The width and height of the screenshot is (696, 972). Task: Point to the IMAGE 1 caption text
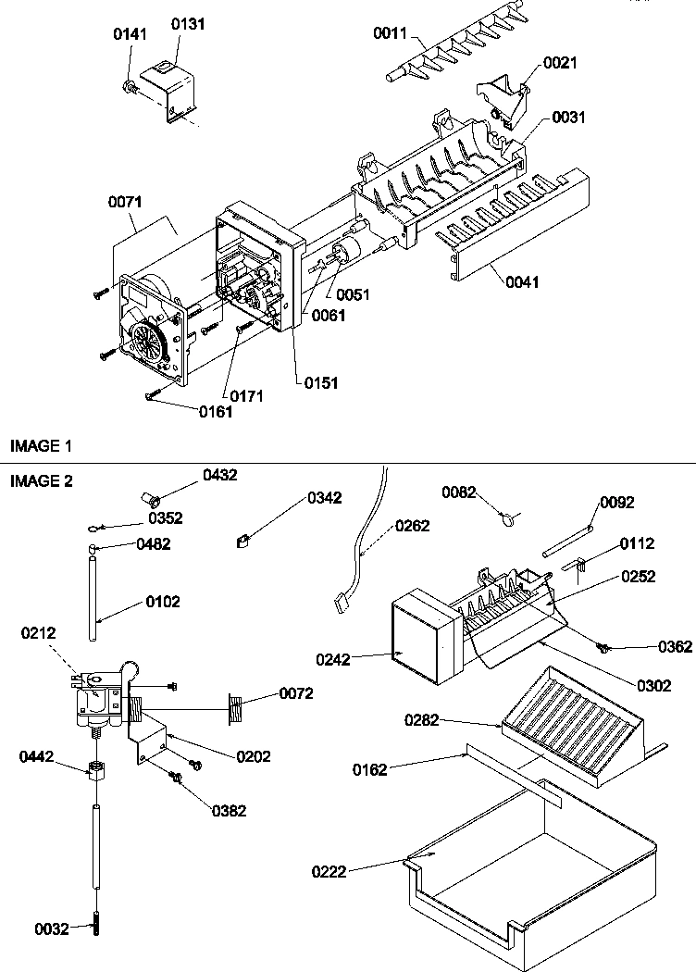(x=41, y=446)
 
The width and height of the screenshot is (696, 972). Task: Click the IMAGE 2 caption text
(x=41, y=480)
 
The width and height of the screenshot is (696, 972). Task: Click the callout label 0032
(x=51, y=929)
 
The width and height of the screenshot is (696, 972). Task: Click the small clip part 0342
(x=243, y=540)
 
